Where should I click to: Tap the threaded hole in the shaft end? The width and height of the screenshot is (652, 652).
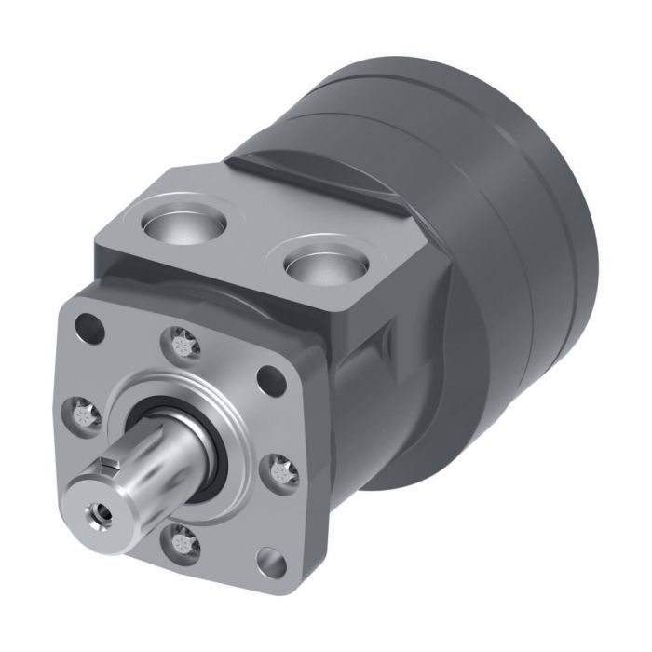pyautogui.click(x=96, y=511)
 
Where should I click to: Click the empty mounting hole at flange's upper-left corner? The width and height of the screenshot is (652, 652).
pyautogui.click(x=90, y=328)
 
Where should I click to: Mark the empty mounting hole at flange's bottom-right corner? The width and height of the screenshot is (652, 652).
pyautogui.click(x=271, y=563)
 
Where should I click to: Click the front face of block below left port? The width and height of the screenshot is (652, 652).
pyautogui.click(x=186, y=279)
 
